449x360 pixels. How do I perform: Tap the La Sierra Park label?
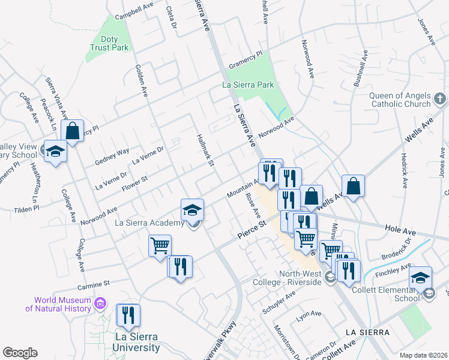pos(248,85)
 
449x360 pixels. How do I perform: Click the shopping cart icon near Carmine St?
pos(160,245)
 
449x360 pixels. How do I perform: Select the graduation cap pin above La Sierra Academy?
pos(193,211)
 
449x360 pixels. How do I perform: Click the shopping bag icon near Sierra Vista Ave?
pos(72,131)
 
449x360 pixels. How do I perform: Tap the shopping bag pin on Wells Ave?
pos(354,186)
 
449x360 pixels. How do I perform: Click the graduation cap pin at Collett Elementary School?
pos(420,277)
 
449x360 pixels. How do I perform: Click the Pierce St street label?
pos(252,231)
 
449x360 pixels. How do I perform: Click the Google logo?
pos(20,353)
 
